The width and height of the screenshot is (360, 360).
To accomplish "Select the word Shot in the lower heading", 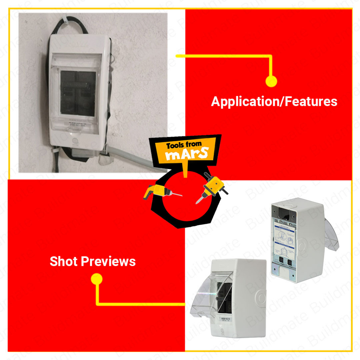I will coord(64,262).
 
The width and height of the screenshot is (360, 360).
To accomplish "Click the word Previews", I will coord(108,262).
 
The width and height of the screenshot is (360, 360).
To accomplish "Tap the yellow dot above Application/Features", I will coord(271,81).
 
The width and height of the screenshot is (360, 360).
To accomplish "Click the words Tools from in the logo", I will coord(184,145).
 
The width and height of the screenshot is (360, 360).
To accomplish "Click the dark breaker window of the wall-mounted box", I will coord(78,93).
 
